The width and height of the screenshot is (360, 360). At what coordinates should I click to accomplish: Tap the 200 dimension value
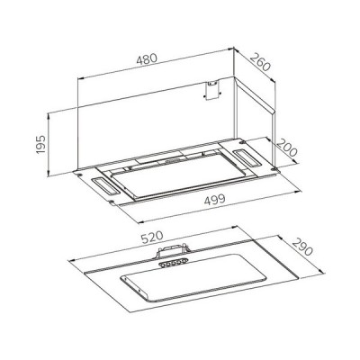click(288, 143)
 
